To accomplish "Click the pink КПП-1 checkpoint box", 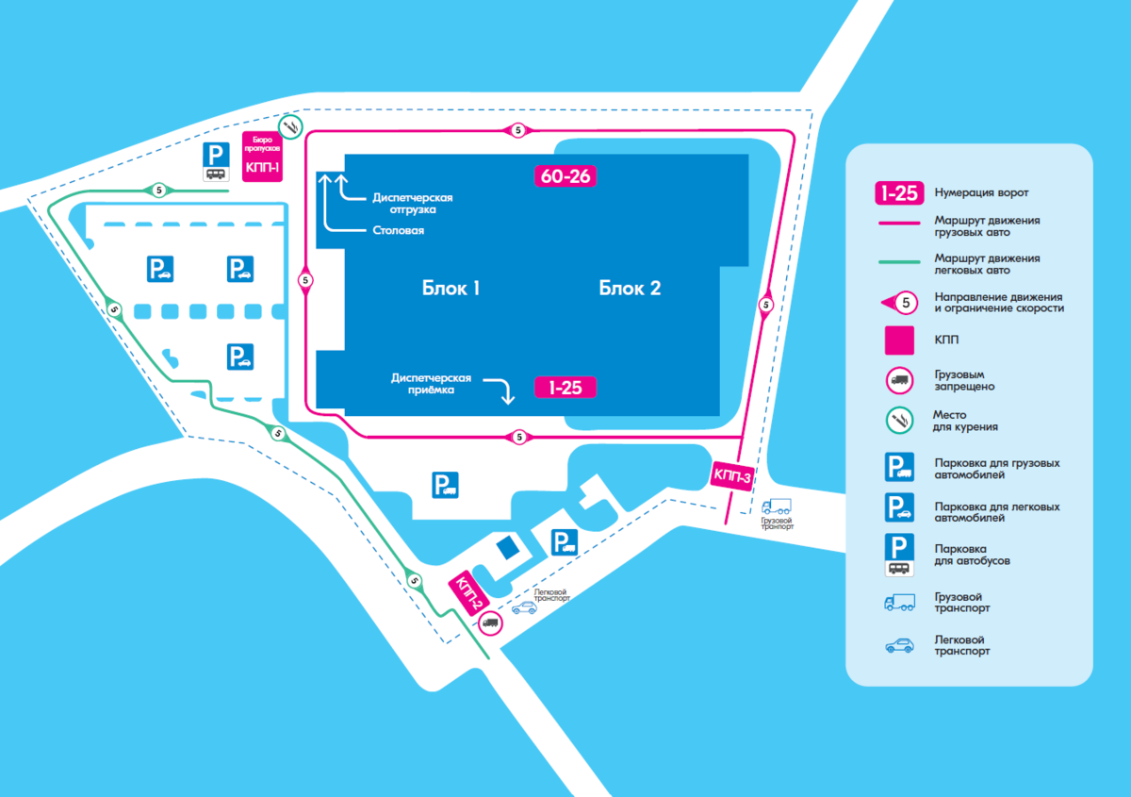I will (x=262, y=164).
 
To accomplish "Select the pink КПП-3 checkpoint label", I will (x=731, y=476).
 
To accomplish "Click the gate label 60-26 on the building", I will (x=566, y=176).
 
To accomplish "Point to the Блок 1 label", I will (x=451, y=289).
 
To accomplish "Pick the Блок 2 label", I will (x=630, y=289).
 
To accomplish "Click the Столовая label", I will (x=398, y=230).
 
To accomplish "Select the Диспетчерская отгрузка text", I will (x=413, y=204).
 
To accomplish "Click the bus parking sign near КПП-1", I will (x=217, y=162).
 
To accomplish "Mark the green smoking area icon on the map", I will (x=291, y=125).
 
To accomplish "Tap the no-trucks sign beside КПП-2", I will (x=490, y=621).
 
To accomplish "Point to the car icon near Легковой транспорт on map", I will (x=523, y=608).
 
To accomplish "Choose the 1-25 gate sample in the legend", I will (x=899, y=192).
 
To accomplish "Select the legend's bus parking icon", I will (x=899, y=554).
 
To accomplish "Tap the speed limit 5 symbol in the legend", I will (x=901, y=303).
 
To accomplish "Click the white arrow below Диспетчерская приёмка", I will (x=506, y=390).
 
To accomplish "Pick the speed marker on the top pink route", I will (x=517, y=129).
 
